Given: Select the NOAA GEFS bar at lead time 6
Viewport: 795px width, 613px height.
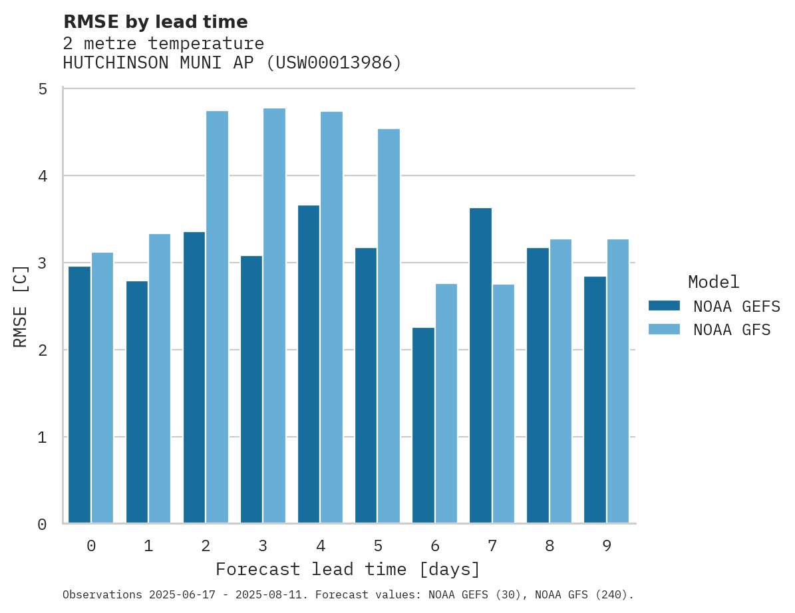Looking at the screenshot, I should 423,426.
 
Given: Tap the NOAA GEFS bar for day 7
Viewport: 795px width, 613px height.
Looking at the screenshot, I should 480,366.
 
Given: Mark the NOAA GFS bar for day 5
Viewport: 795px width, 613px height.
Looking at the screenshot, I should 389,326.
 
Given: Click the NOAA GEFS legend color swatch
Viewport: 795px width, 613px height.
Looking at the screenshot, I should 664,306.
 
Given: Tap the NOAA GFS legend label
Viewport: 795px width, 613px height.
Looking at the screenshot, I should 732,330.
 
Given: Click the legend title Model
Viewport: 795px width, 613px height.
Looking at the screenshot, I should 713,282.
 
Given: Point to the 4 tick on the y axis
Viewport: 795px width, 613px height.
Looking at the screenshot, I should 42,176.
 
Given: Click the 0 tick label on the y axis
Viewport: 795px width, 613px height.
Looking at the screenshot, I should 42,525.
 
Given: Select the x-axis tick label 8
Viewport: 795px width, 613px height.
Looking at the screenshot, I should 550,547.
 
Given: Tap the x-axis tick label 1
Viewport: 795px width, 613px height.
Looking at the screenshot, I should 148,547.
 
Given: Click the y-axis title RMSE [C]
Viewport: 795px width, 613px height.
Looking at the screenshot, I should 21,306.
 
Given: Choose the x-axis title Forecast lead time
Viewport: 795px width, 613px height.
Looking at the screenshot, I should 347,570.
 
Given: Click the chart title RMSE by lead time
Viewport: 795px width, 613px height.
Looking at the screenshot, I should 155,22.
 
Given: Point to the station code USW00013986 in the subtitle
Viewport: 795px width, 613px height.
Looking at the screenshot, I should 336,63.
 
